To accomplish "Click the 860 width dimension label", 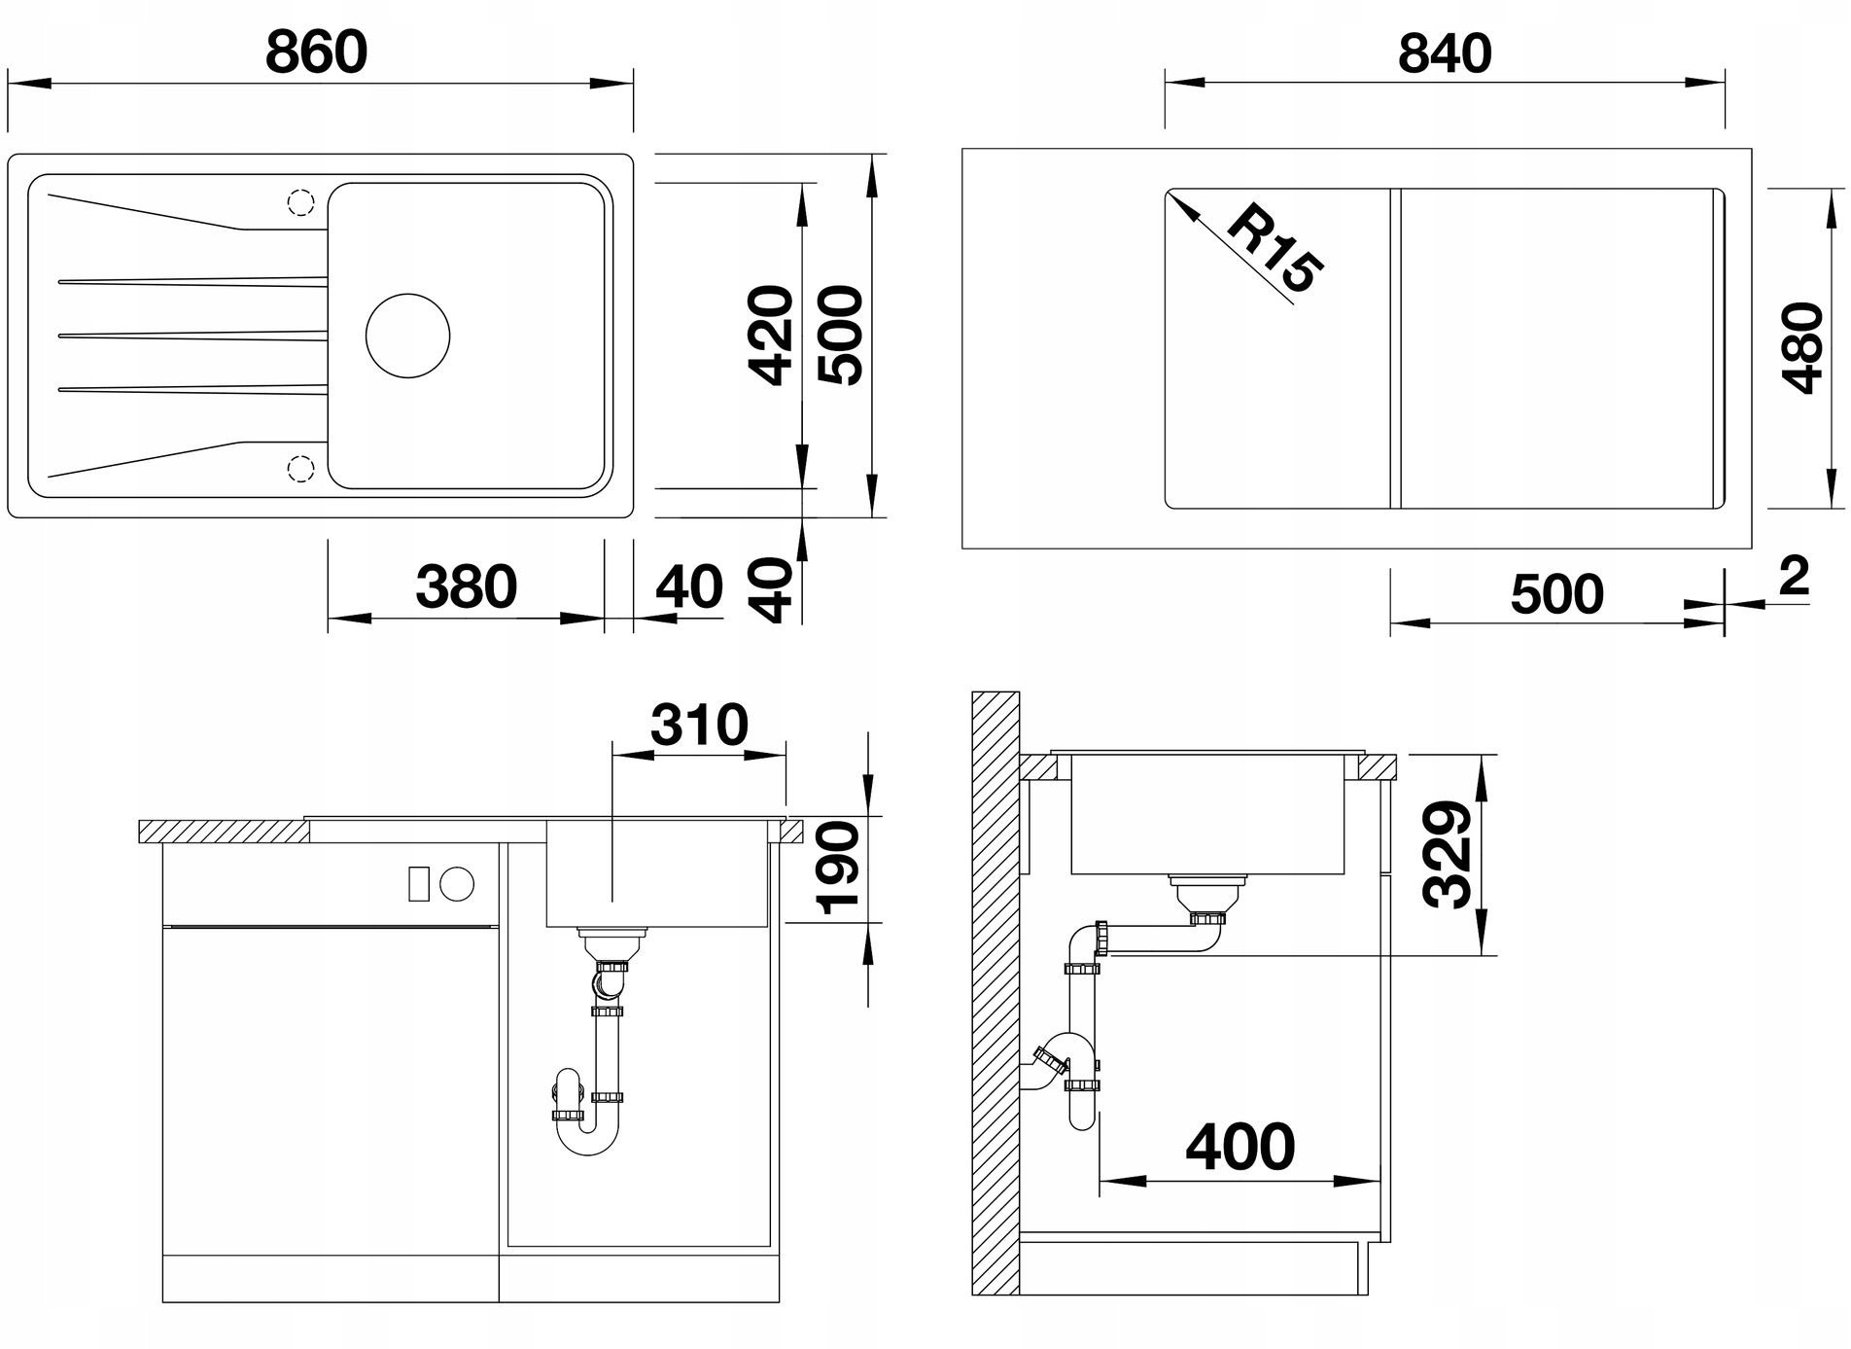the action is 317,52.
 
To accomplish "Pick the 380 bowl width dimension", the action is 467,586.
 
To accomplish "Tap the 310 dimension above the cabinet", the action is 699,724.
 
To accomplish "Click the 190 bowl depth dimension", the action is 837,868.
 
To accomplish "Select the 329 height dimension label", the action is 1448,854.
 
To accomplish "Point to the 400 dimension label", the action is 1240,1147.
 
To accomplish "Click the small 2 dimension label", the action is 1794,577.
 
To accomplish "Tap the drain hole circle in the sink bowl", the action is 407,336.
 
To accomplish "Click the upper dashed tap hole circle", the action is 301,202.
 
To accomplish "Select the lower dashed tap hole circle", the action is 301,468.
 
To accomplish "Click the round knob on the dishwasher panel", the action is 457,883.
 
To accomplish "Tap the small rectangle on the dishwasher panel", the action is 418,883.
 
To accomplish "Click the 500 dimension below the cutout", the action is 1556,593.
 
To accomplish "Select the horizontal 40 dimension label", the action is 689,586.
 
